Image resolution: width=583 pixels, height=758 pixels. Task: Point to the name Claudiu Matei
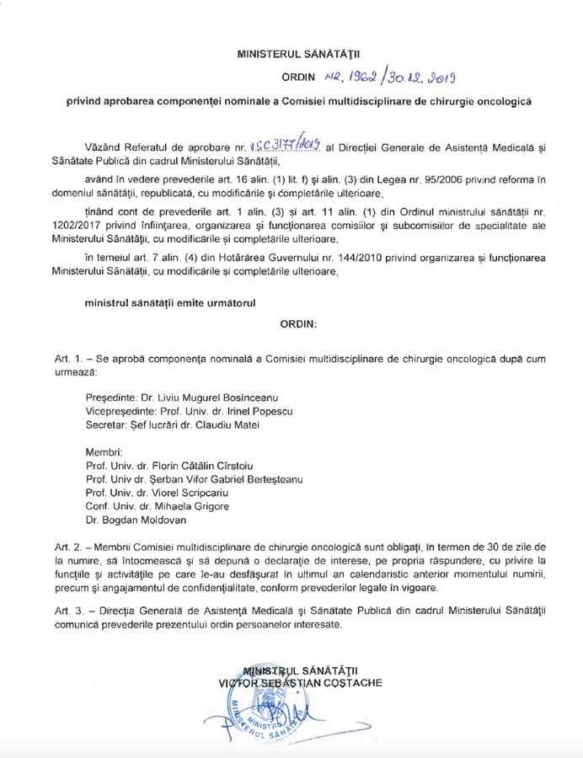pyautogui.click(x=216, y=424)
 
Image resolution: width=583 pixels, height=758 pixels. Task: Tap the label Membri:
pyautogui.click(x=105, y=450)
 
